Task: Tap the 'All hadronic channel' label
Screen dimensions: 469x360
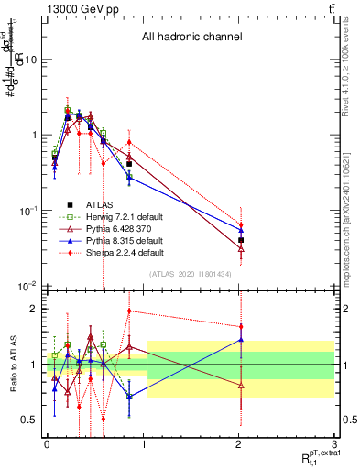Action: (x=191, y=38)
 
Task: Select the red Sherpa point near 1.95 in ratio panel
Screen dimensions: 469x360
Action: (x=129, y=311)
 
